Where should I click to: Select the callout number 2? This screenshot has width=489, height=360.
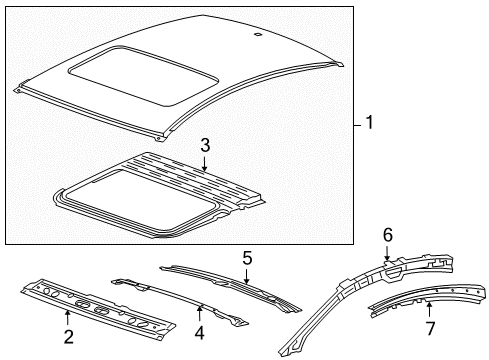click(68, 336)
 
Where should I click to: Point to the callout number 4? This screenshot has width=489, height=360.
click(199, 332)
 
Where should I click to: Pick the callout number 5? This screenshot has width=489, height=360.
click(246, 256)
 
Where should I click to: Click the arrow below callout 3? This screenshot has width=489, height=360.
click(204, 164)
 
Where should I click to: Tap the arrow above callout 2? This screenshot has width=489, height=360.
click(68, 316)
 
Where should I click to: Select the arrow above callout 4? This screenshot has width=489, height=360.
click(199, 312)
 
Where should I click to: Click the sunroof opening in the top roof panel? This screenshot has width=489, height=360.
click(120, 69)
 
